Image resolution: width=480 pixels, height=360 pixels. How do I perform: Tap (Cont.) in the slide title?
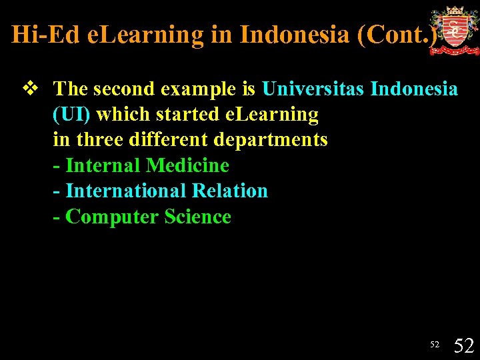click(x=398, y=35)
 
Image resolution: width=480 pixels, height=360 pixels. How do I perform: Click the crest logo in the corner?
click(x=454, y=30)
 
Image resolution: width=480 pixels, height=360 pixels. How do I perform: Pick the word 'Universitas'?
click(x=313, y=89)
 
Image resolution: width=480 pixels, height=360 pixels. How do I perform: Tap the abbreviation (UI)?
click(x=72, y=114)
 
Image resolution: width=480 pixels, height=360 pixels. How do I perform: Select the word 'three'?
click(x=98, y=140)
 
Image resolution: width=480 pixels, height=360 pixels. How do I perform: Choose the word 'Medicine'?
click(x=187, y=165)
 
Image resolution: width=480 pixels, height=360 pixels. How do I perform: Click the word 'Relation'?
click(x=229, y=191)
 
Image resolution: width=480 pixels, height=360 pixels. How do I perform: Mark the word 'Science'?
click(x=198, y=217)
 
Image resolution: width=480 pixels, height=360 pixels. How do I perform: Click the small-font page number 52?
click(x=435, y=345)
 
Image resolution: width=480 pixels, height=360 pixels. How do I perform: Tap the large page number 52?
click(x=463, y=345)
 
